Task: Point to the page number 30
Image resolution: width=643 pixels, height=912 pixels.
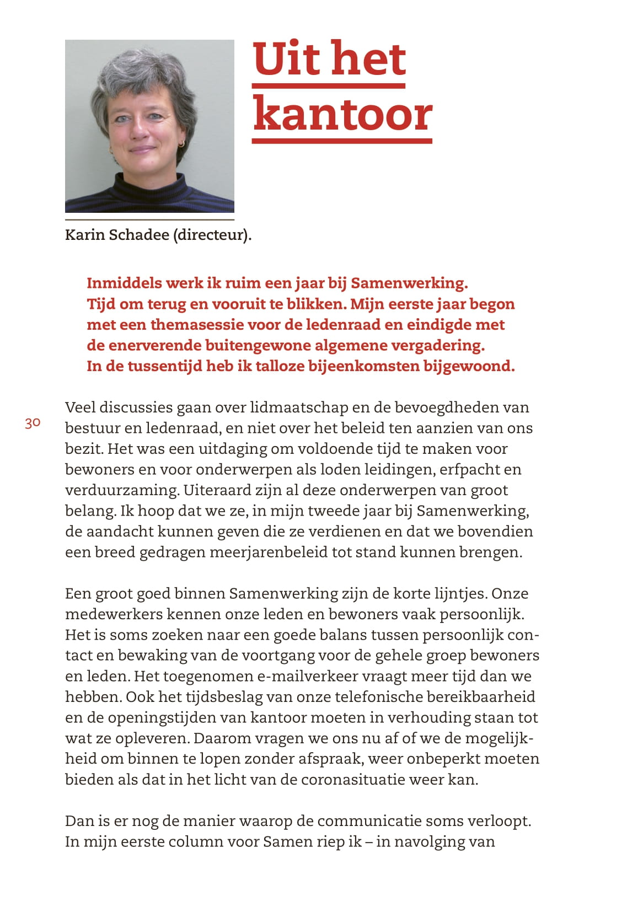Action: pyautogui.click(x=33, y=423)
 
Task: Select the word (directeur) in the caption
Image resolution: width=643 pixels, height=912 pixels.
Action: pyautogui.click(x=212, y=235)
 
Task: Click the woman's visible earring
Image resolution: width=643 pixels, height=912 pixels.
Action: pyautogui.click(x=180, y=144)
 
